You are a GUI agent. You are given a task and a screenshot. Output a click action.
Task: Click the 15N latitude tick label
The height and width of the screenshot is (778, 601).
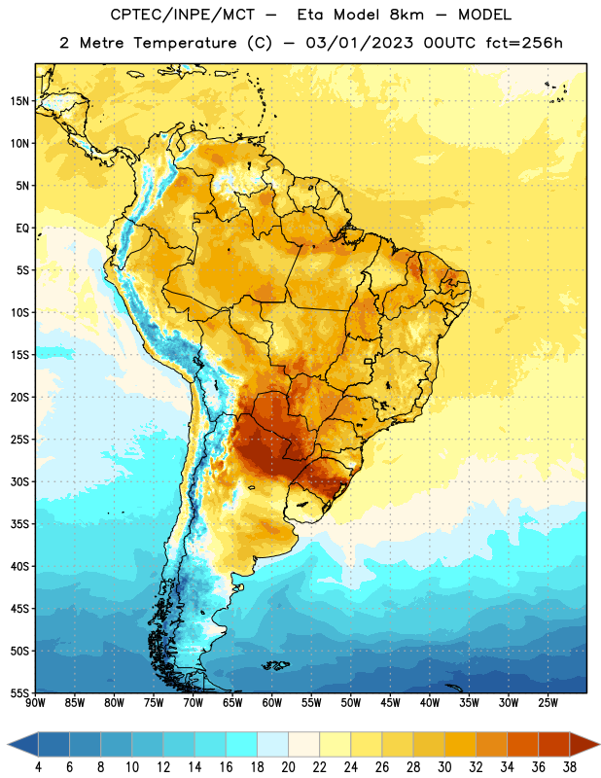[x=19, y=101]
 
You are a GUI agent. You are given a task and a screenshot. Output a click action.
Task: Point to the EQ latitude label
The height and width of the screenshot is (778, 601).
[x=22, y=229]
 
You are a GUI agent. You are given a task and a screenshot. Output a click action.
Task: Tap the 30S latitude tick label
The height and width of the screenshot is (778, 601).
[x=19, y=481]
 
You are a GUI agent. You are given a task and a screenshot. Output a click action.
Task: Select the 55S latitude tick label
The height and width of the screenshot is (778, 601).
[x=19, y=693]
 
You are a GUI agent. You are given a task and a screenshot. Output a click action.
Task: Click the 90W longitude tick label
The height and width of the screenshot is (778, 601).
[x=35, y=703]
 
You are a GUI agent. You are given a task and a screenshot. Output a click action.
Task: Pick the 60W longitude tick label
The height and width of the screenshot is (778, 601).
[x=272, y=703]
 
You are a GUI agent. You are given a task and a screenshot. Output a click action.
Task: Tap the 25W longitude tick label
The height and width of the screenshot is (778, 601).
[x=548, y=703]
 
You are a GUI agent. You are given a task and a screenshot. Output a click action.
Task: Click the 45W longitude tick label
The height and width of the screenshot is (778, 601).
[x=390, y=703]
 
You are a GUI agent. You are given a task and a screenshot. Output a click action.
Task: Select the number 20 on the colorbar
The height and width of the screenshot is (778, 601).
[x=288, y=767]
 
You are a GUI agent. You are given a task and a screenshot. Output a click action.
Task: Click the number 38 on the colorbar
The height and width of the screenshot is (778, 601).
[x=569, y=767]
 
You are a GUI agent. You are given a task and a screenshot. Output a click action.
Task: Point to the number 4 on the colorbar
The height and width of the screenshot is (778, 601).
[x=38, y=767]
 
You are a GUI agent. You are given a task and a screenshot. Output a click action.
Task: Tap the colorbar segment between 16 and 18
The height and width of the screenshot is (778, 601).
[x=242, y=744]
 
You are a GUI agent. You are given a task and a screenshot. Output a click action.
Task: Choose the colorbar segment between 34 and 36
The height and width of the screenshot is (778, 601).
[x=522, y=744]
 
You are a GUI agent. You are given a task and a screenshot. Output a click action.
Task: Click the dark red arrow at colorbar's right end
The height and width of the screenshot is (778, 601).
[x=583, y=744]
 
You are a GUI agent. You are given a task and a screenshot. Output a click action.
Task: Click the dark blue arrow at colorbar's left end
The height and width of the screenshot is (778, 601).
[x=22, y=744]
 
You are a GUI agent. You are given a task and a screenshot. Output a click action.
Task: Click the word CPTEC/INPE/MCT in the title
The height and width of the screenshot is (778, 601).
[x=183, y=15]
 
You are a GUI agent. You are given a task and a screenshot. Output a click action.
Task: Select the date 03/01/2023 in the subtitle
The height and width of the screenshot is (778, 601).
[x=359, y=43]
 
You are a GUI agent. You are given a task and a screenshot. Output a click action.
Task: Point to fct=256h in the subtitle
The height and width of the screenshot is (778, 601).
[x=524, y=43]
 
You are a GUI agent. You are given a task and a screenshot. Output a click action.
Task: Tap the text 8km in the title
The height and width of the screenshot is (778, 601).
[x=407, y=15]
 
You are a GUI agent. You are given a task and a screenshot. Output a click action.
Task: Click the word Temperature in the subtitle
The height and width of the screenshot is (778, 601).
[x=185, y=44]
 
